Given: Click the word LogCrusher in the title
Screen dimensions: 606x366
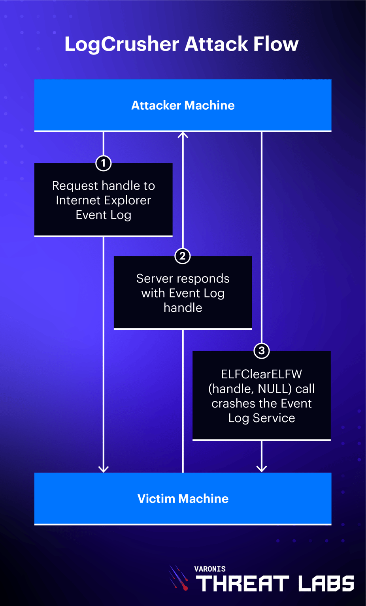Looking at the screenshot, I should [x=122, y=44].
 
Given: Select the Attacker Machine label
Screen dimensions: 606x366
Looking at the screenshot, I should [x=183, y=105].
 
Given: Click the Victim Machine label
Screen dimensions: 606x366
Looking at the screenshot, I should [x=183, y=499].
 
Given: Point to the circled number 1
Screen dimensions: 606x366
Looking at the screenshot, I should [x=104, y=163].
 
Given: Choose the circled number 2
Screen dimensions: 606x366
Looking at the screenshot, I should [x=183, y=256].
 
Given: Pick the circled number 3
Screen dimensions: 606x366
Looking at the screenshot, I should [x=262, y=351].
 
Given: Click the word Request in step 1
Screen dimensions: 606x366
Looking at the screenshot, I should [x=75, y=185].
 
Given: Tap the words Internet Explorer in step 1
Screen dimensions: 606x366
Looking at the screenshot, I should [x=104, y=200].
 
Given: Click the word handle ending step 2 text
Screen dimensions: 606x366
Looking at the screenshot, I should [x=183, y=308].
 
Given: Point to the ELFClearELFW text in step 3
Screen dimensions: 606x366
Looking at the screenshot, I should [x=262, y=374].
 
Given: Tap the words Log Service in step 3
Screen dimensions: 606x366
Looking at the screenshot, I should [x=262, y=418].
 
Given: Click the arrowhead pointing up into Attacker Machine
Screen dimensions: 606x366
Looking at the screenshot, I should [x=183, y=135].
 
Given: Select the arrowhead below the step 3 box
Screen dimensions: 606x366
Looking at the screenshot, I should [x=262, y=468].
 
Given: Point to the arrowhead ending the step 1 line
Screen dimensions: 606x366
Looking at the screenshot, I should [x=104, y=468].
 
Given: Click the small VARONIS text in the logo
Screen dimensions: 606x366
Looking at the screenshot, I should [x=210, y=569].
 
